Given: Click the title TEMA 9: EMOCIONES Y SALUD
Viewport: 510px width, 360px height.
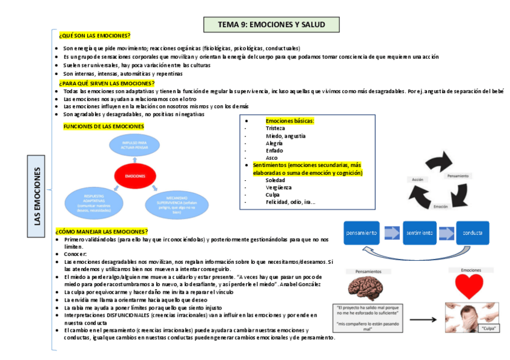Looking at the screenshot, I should pyautogui.click(x=272, y=25).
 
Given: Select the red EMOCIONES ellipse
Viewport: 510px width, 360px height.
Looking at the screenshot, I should pyautogui.click(x=135, y=175).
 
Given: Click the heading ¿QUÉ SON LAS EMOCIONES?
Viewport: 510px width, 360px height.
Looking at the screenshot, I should pyautogui.click(x=94, y=36).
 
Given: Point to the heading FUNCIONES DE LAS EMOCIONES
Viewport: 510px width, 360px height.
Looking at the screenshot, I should pyautogui.click(x=103, y=126).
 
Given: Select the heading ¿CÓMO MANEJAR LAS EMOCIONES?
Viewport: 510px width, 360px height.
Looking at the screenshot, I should pyautogui.click(x=101, y=231).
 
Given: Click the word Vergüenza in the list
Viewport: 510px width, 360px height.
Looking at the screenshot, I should pyautogui.click(x=278, y=188).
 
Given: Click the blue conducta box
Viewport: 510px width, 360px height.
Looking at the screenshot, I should pyautogui.click(x=473, y=232).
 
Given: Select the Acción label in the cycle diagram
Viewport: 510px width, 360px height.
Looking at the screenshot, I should pyautogui.click(x=417, y=179).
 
